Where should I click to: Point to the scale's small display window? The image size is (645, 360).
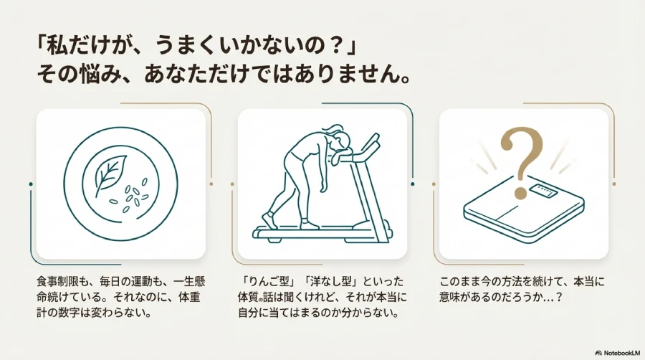[x=543, y=191]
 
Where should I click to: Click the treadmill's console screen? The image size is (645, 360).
[x=371, y=143]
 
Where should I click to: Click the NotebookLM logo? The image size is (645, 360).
[x=618, y=353]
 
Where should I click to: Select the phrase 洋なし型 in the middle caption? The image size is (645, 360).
[x=330, y=282]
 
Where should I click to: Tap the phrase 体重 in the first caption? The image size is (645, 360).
[x=190, y=297]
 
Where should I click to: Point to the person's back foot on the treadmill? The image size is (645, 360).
[x=269, y=219]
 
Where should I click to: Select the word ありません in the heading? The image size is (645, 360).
[x=327, y=75]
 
